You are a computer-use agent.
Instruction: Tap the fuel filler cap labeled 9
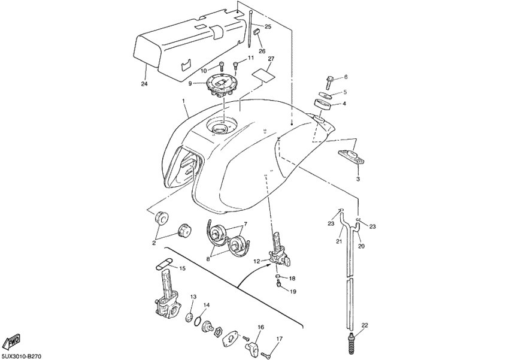point(220,84)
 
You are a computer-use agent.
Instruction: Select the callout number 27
point(271,59)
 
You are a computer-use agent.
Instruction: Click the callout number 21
point(338,241)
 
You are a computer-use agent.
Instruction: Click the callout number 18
point(292,279)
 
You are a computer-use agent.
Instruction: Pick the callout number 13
point(193,297)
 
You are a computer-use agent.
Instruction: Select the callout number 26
point(262,52)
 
